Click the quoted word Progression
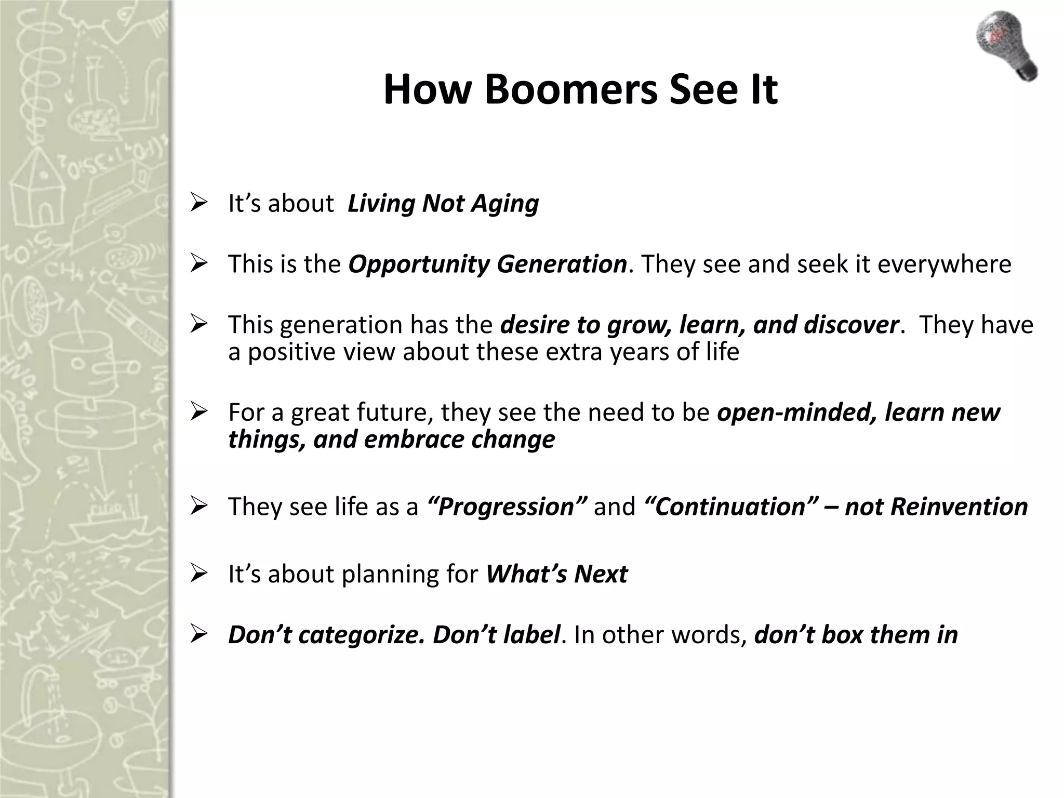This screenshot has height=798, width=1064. point(507,507)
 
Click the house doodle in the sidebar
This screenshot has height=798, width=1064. point(35,197)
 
